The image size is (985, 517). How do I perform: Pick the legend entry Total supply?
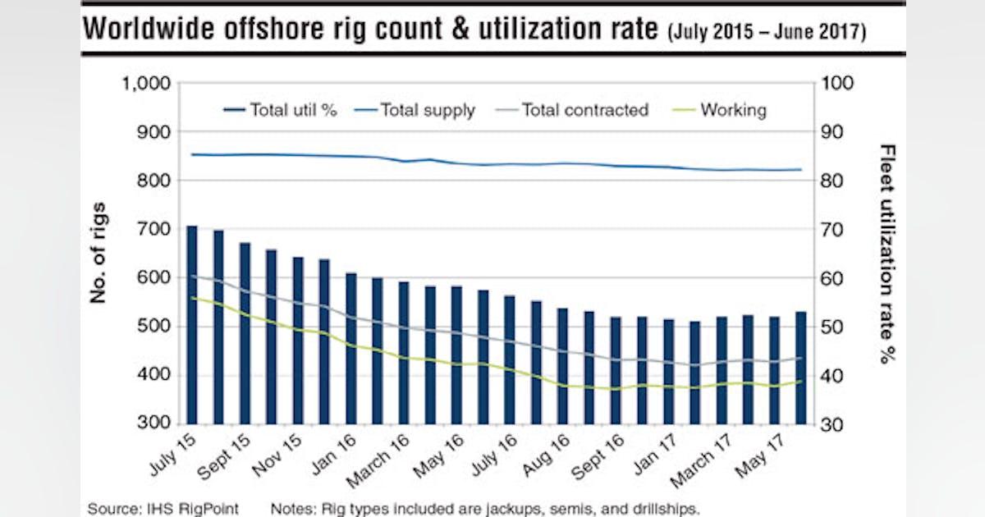click(x=427, y=110)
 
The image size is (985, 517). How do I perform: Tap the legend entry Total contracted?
click(x=584, y=110)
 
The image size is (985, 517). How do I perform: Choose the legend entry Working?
click(x=732, y=110)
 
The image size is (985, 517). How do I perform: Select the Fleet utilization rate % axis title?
click(x=886, y=254)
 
